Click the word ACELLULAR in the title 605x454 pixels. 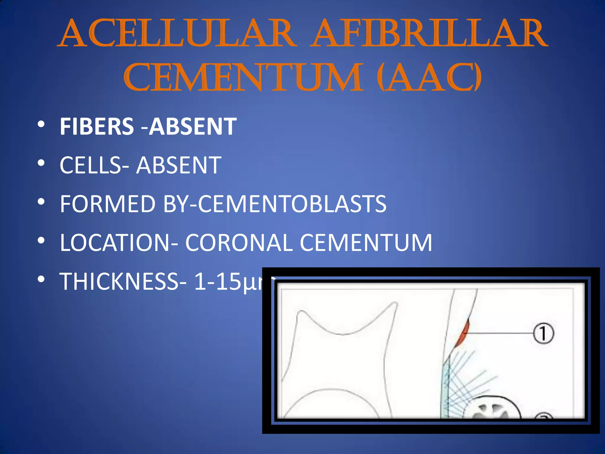[x=177, y=33]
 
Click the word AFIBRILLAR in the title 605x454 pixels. [x=430, y=33]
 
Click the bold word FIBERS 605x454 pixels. [x=97, y=127]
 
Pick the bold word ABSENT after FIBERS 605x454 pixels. [x=193, y=127]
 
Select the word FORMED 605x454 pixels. [x=108, y=204]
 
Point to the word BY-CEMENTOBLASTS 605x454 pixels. [x=275, y=204]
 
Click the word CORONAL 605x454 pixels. [x=239, y=243]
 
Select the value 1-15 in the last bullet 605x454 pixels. [x=217, y=281]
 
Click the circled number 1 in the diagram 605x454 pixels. [x=543, y=333]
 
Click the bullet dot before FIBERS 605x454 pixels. [x=41, y=124]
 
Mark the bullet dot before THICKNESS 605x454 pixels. [x=41, y=279]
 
